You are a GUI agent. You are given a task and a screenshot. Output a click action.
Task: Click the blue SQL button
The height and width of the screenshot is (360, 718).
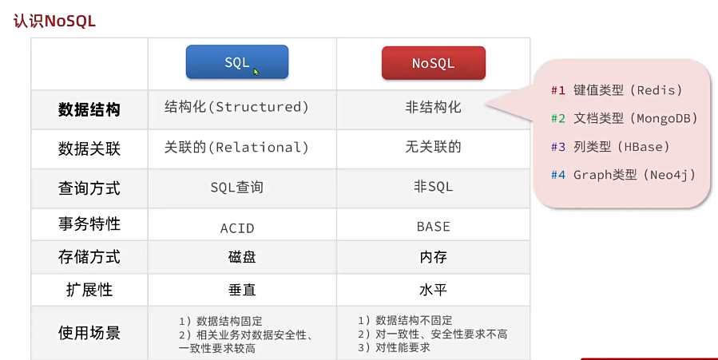pyautogui.click(x=237, y=61)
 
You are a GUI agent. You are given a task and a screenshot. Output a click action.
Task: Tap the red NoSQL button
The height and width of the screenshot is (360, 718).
pyautogui.click(x=433, y=63)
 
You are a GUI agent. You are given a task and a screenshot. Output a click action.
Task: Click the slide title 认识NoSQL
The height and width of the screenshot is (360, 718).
pyautogui.click(x=54, y=21)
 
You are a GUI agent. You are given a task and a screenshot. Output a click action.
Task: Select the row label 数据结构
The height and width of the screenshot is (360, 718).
pyautogui.click(x=89, y=110)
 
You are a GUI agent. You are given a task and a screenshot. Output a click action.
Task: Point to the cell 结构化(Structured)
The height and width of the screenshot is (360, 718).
pyautogui.click(x=236, y=107)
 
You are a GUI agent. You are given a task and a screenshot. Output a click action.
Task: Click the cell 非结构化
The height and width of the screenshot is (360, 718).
pyautogui.click(x=433, y=107)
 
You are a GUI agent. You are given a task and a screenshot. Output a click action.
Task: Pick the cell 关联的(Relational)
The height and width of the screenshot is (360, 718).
pyautogui.click(x=236, y=148)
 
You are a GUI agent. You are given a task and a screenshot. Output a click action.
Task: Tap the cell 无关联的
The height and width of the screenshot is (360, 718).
pyautogui.click(x=433, y=147)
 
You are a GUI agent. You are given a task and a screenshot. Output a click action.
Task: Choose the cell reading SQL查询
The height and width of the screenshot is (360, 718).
pyautogui.click(x=236, y=187)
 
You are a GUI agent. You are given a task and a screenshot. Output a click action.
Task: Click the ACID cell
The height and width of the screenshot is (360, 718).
pyautogui.click(x=237, y=227)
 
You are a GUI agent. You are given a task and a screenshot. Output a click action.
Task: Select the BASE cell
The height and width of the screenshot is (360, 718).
pyautogui.click(x=433, y=227)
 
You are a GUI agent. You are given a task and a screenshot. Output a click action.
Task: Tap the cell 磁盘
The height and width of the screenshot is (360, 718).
pyautogui.click(x=242, y=257)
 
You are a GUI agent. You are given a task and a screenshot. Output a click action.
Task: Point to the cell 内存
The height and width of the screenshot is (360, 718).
pyautogui.click(x=433, y=257)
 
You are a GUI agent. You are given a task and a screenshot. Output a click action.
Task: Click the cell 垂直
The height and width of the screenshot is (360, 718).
pyautogui.click(x=242, y=290)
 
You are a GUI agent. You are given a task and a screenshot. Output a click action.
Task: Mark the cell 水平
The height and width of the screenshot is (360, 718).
pyautogui.click(x=433, y=290)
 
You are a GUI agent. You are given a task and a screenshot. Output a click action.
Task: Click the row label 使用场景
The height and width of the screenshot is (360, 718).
pyautogui.click(x=89, y=333)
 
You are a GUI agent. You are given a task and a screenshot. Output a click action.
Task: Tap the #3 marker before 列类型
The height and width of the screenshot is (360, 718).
pyautogui.click(x=558, y=147)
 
